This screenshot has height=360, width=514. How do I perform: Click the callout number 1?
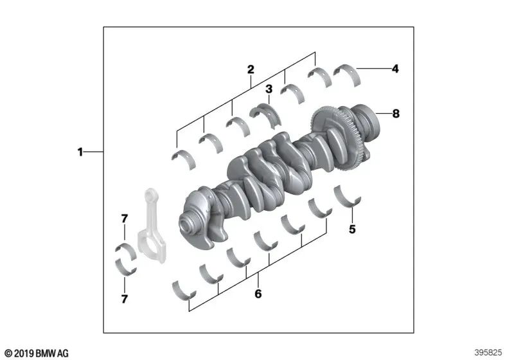click(80, 152)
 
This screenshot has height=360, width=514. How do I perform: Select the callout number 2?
click(251, 69)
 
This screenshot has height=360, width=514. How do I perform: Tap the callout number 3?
click(269, 89)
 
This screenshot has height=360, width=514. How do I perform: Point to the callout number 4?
click(396, 67)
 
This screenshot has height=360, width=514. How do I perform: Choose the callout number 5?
click(351, 228)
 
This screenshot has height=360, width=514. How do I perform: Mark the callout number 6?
click(258, 295)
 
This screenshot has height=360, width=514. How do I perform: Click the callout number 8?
click(396, 114)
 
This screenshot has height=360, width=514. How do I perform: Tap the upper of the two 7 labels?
click(125, 219)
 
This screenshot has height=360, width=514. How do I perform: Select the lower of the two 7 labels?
click(125, 299)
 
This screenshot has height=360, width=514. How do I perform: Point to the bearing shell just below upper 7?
click(125, 250)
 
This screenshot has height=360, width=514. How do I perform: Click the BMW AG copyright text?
click(35, 353)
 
